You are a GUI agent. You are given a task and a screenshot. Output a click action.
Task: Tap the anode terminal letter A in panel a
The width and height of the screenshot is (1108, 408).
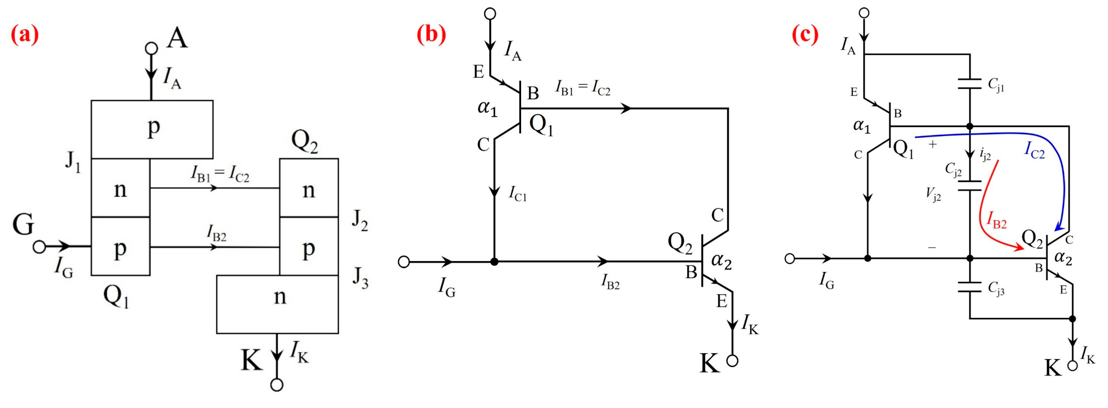coord(177,38)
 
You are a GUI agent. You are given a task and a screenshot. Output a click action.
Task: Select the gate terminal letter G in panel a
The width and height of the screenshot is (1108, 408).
coord(23,224)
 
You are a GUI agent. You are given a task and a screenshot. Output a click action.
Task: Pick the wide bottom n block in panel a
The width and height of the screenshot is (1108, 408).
coord(277,304)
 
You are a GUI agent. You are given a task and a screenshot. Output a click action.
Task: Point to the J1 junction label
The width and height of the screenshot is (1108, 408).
coord(73,163)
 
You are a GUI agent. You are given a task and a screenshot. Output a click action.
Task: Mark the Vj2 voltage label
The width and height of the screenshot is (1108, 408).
coord(933,195)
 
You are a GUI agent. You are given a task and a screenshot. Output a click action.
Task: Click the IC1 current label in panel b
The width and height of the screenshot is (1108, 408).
coord(517,194)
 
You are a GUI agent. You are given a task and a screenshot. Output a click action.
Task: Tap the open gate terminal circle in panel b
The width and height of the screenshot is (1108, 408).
coord(404,261)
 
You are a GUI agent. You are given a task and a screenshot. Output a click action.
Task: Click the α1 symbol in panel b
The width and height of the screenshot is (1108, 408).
coord(487,108)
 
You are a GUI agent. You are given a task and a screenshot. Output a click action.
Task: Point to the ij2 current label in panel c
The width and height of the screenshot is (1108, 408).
coord(985,154)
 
